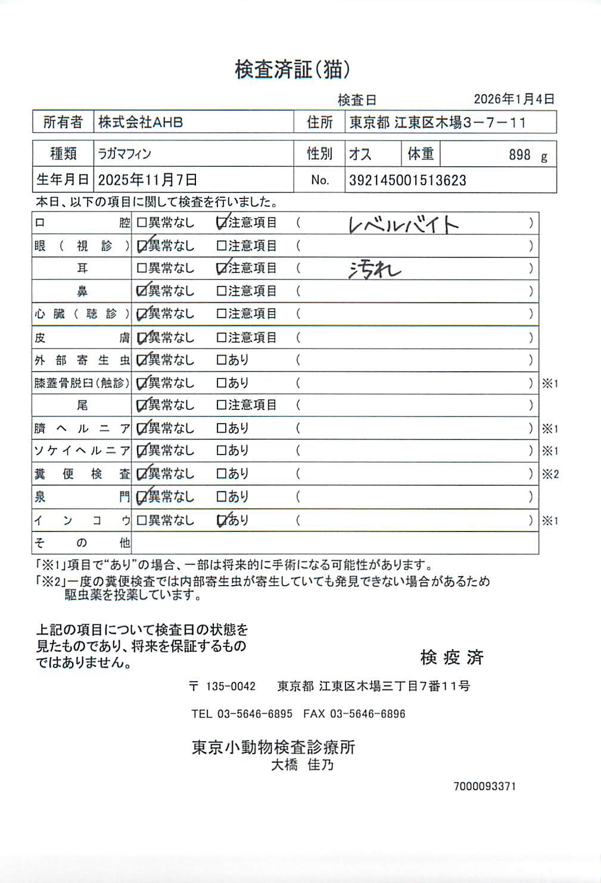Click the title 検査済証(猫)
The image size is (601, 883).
pyautogui.click(x=292, y=70)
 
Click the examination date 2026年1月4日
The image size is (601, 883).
pyautogui.click(x=513, y=99)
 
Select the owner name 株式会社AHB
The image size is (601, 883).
pyautogui.click(x=141, y=122)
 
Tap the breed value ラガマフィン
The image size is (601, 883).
pyautogui.click(x=124, y=154)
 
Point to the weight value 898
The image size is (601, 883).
pyautogui.click(x=519, y=155)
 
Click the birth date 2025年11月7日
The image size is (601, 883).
pyautogui.click(x=147, y=180)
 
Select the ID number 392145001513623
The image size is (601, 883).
pyautogui.click(x=407, y=180)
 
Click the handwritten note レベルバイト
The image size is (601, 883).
pyautogui.click(x=403, y=225)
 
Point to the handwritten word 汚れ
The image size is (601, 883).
pyautogui.click(x=375, y=270)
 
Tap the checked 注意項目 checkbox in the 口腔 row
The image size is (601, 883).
pyautogui.click(x=221, y=223)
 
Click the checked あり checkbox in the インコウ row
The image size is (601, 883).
pyautogui.click(x=221, y=520)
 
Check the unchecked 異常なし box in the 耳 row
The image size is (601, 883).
pyautogui.click(x=142, y=268)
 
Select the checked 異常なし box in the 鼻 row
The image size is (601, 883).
pyautogui.click(x=142, y=291)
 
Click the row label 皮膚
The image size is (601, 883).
pyautogui.click(x=82, y=338)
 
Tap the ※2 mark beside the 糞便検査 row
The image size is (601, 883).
pyautogui.click(x=550, y=474)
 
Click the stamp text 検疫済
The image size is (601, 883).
pyautogui.click(x=451, y=657)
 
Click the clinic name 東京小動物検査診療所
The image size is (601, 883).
pyautogui.click(x=273, y=747)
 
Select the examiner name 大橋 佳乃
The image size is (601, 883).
pyautogui.click(x=302, y=765)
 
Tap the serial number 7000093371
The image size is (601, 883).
pyautogui.click(x=484, y=786)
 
